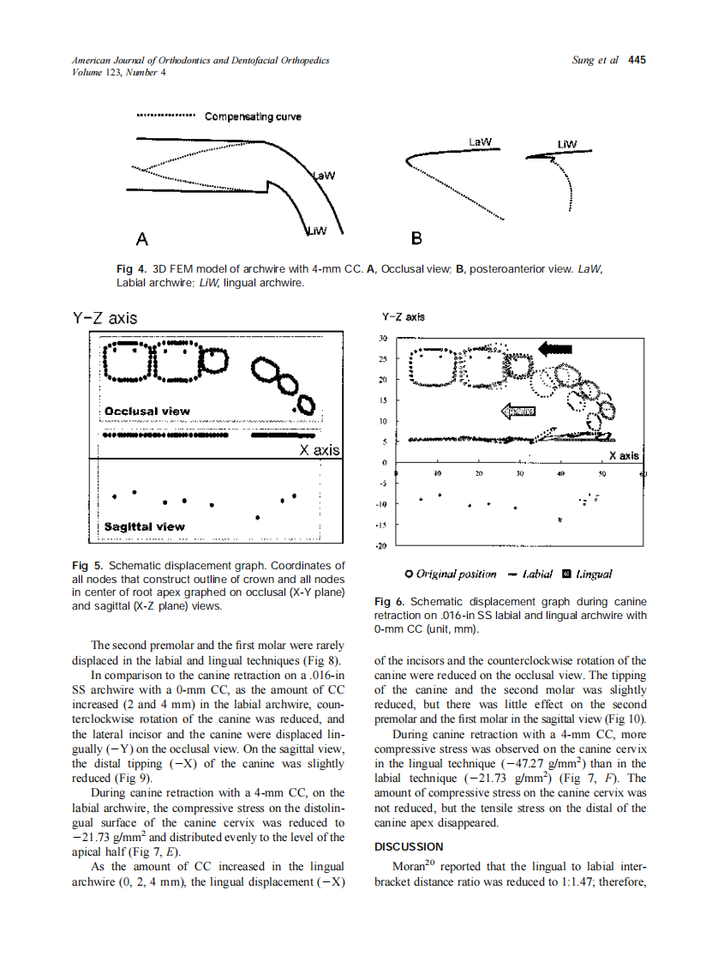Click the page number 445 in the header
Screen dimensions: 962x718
coord(637,60)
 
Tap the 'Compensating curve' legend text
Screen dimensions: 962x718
coord(253,117)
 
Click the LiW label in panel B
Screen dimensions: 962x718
coord(566,143)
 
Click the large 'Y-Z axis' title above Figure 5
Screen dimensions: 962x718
coord(104,318)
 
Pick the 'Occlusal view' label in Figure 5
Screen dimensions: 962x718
coord(147,411)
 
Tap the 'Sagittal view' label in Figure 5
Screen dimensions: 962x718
coord(144,526)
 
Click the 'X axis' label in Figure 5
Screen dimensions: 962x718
coord(319,450)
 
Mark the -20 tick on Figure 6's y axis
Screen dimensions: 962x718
coord(383,545)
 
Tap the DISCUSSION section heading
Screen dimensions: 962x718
coord(409,846)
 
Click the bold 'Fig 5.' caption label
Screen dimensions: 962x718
coord(87,566)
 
